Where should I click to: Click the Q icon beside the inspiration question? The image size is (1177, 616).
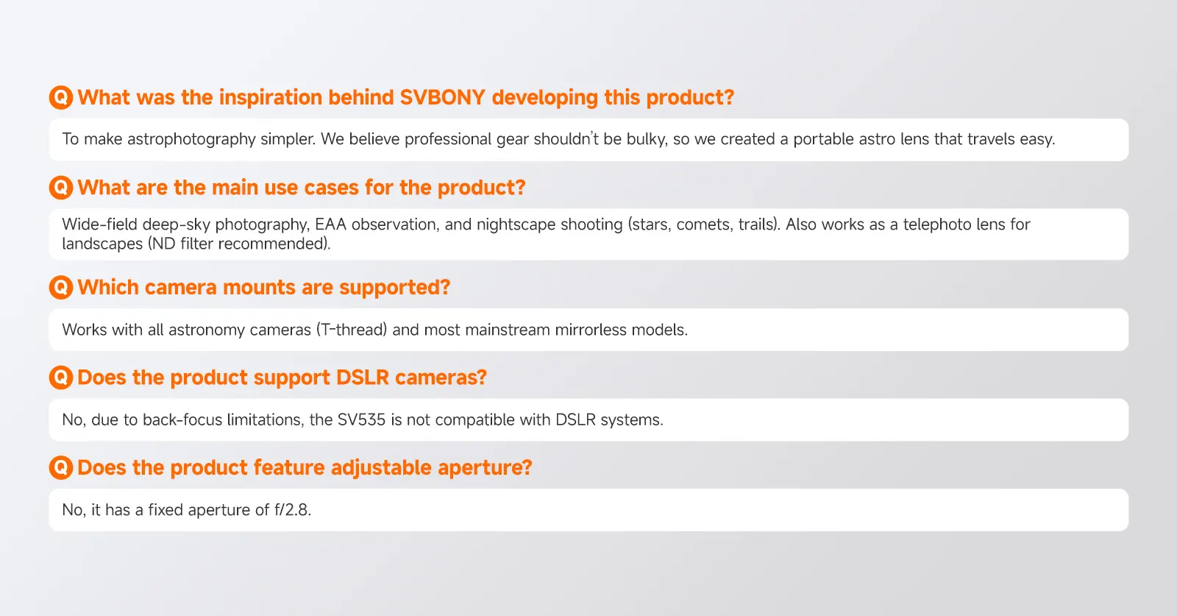61,97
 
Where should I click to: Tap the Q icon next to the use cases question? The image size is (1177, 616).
61,188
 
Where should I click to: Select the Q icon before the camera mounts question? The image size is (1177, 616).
61,288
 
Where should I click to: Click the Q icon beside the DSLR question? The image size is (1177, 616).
61,378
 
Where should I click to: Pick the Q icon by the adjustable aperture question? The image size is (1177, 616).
61,467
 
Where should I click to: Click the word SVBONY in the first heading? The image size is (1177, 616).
442,97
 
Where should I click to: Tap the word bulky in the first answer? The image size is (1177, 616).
647,139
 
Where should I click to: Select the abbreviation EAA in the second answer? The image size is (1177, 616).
330,224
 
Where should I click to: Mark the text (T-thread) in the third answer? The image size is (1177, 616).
352,330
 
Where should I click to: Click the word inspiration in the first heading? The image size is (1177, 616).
270,98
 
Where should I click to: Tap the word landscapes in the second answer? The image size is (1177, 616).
102,244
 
